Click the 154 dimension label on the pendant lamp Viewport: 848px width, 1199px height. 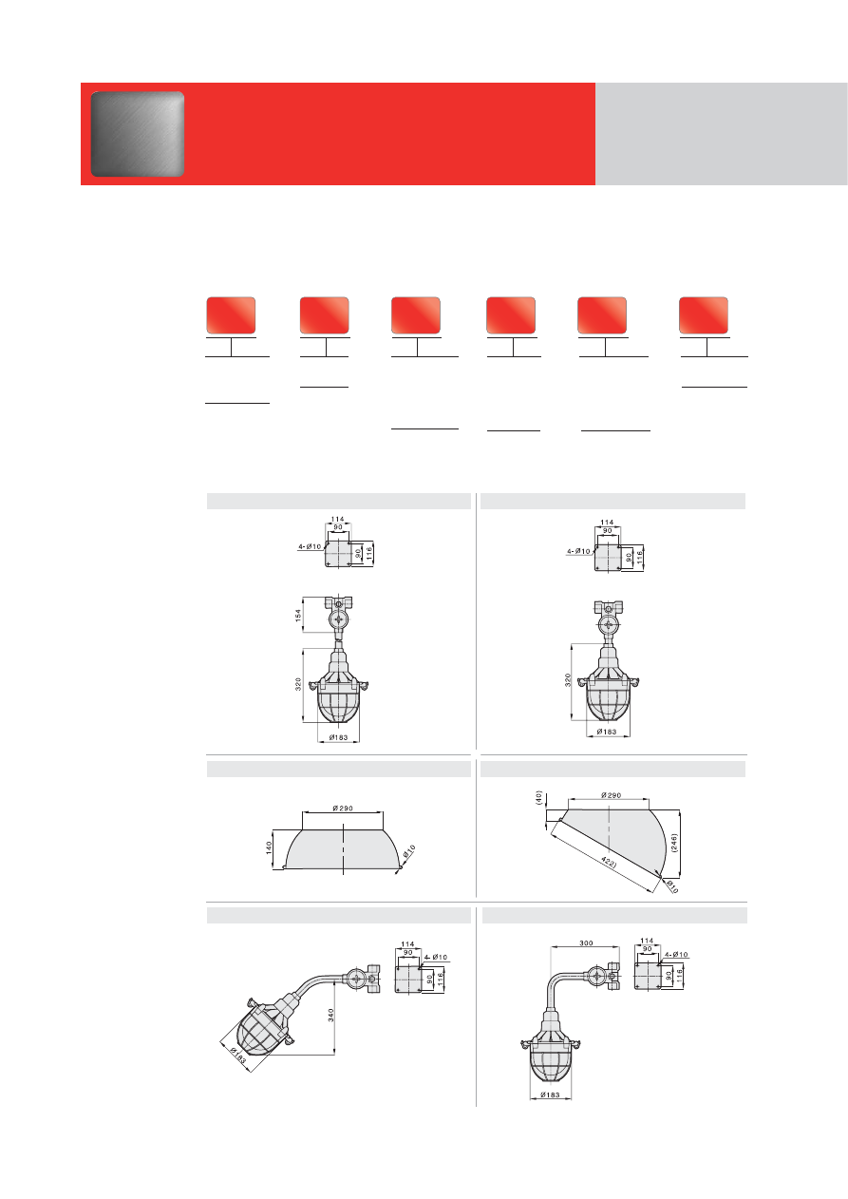click(298, 614)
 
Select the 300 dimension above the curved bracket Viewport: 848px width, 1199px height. click(586, 943)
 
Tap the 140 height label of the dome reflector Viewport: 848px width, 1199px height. click(269, 847)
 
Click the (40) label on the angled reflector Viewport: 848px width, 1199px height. click(538, 798)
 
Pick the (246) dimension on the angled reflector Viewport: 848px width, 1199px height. click(674, 843)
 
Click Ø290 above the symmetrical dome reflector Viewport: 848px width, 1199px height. click(343, 809)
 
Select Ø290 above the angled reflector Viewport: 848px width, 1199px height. click(611, 795)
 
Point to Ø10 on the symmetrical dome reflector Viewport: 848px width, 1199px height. click(409, 851)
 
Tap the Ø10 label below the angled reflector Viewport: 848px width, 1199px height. click(672, 887)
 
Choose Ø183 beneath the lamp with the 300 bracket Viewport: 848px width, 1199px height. click(550, 1094)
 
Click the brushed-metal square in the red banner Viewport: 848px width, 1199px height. click(138, 134)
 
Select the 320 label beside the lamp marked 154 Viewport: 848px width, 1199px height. click(298, 683)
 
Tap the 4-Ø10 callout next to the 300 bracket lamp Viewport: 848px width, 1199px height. click(676, 955)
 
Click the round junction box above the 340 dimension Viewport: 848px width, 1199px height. click(355, 980)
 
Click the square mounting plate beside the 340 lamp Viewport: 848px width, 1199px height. click(408, 979)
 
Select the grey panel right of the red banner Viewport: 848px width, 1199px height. click(722, 134)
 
